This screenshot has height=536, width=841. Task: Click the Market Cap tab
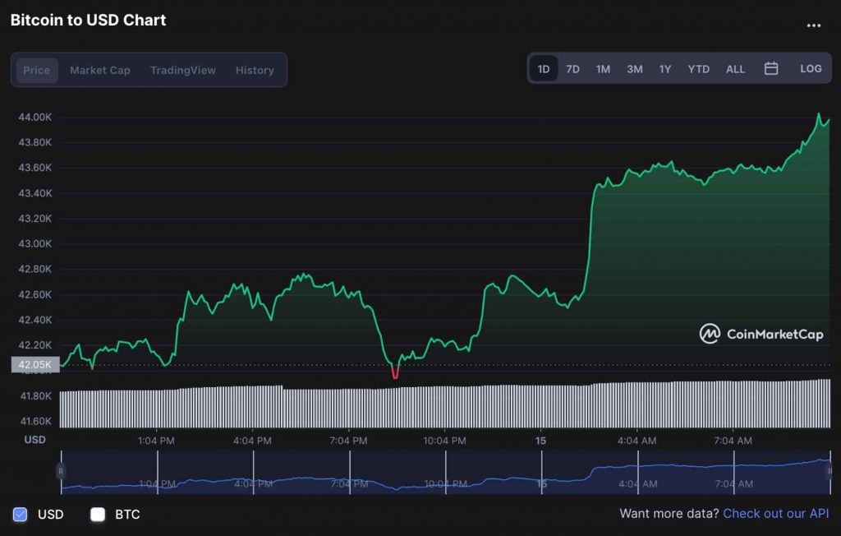tap(99, 70)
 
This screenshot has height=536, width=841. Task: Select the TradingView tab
tap(182, 70)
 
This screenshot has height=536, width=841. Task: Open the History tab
tap(255, 70)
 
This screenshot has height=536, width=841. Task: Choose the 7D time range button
tap(572, 69)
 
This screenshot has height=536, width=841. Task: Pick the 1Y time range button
tap(664, 69)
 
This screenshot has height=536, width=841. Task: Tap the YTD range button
tap(698, 69)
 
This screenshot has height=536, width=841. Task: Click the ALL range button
tap(735, 69)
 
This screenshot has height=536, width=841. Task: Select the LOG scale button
tap(811, 69)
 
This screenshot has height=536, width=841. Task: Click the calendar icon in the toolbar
tap(771, 69)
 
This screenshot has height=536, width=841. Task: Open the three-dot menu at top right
tap(813, 25)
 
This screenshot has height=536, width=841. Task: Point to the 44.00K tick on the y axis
tap(35, 118)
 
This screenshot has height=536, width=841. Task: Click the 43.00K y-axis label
tap(35, 244)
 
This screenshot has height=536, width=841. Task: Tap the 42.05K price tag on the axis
tap(35, 364)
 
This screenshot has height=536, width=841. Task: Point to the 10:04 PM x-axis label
tap(444, 441)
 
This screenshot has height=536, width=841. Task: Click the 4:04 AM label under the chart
tap(638, 441)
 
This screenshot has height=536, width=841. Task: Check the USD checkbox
tap(21, 515)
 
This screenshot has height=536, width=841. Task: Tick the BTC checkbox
tap(98, 515)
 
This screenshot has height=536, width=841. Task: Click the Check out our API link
tap(775, 514)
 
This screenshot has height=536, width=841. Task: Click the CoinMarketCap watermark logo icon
tap(710, 334)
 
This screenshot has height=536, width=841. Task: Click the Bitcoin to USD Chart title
tap(88, 21)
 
